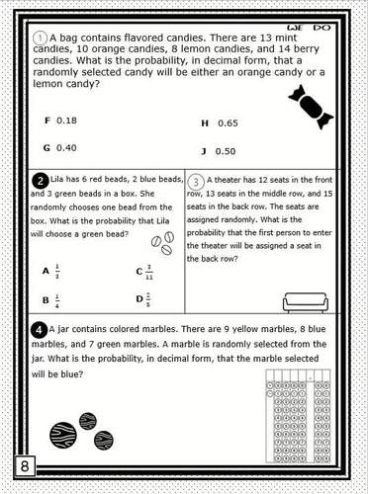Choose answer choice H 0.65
tap(220, 123)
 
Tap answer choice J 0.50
tap(220, 151)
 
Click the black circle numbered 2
tap(41, 180)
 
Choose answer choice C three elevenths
tap(144, 270)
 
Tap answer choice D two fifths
tap(144, 299)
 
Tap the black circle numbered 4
tap(38, 328)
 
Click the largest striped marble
tap(63, 434)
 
